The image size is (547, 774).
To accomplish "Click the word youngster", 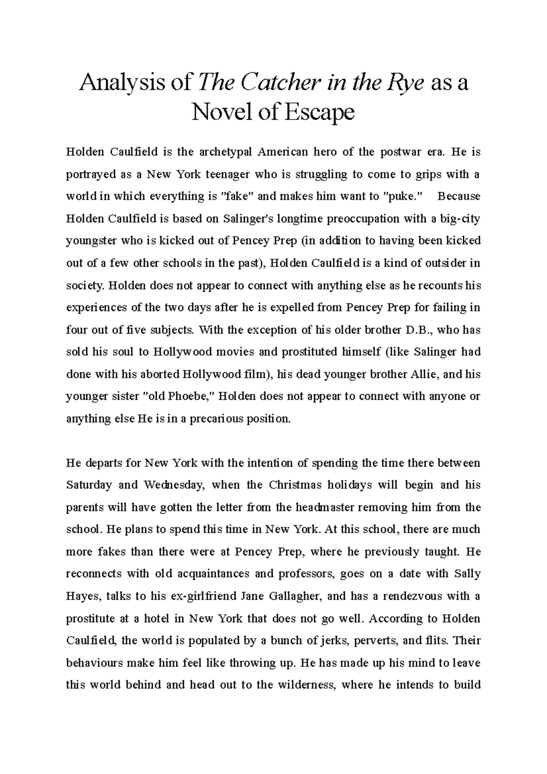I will pyautogui.click(x=92, y=241).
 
